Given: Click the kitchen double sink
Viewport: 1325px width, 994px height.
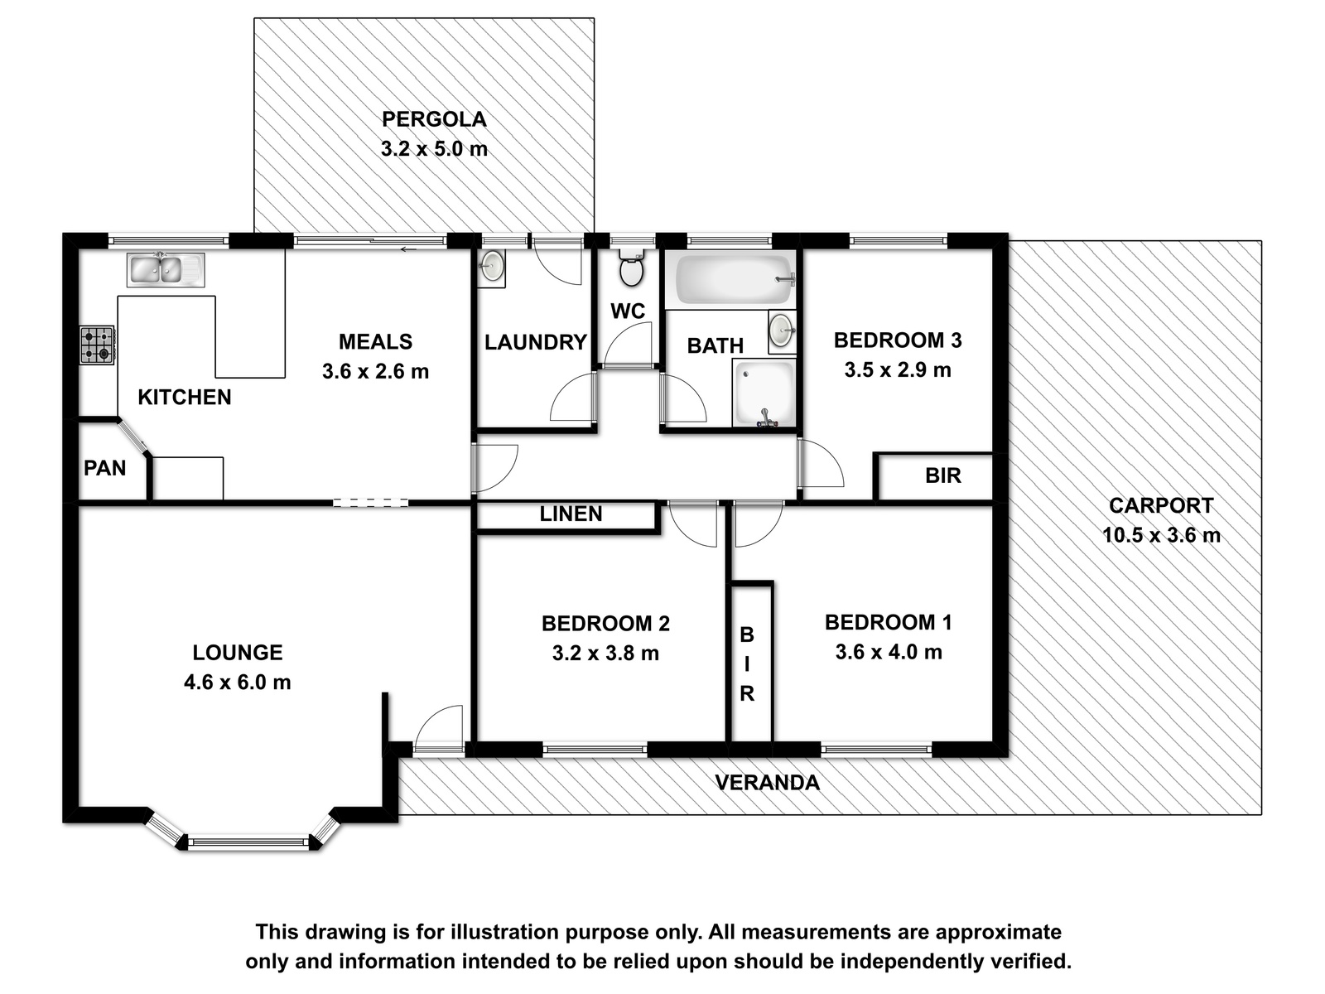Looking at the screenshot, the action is coord(166,270).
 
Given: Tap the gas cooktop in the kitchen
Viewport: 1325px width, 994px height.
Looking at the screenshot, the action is coord(97,345).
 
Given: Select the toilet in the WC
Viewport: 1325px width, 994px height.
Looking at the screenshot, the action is coord(631,268).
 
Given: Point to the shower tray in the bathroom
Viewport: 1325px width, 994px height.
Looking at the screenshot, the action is coord(764,393).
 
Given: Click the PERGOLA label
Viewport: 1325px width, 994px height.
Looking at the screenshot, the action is coord(434,119).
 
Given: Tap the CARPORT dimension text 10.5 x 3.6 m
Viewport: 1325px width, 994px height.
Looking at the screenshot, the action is coord(1161,535).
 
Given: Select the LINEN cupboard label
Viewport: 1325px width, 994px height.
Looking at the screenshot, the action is coord(571,514).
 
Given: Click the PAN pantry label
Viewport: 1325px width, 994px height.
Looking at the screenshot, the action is coord(104,468).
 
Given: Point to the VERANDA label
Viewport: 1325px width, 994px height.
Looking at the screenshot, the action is coord(767,783).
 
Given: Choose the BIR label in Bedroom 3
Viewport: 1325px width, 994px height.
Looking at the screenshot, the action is coord(943,476).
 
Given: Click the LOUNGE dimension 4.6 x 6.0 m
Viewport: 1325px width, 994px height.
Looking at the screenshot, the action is coord(237,683).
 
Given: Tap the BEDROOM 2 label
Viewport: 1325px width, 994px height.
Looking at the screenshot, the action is coord(605,624).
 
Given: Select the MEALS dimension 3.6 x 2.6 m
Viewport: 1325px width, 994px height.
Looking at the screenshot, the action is coord(375,371).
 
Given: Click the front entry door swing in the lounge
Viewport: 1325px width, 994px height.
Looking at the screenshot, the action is coord(438,728).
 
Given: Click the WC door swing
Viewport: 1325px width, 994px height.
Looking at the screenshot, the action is coord(629,344).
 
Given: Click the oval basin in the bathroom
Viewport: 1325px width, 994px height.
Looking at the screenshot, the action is coord(783,332).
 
